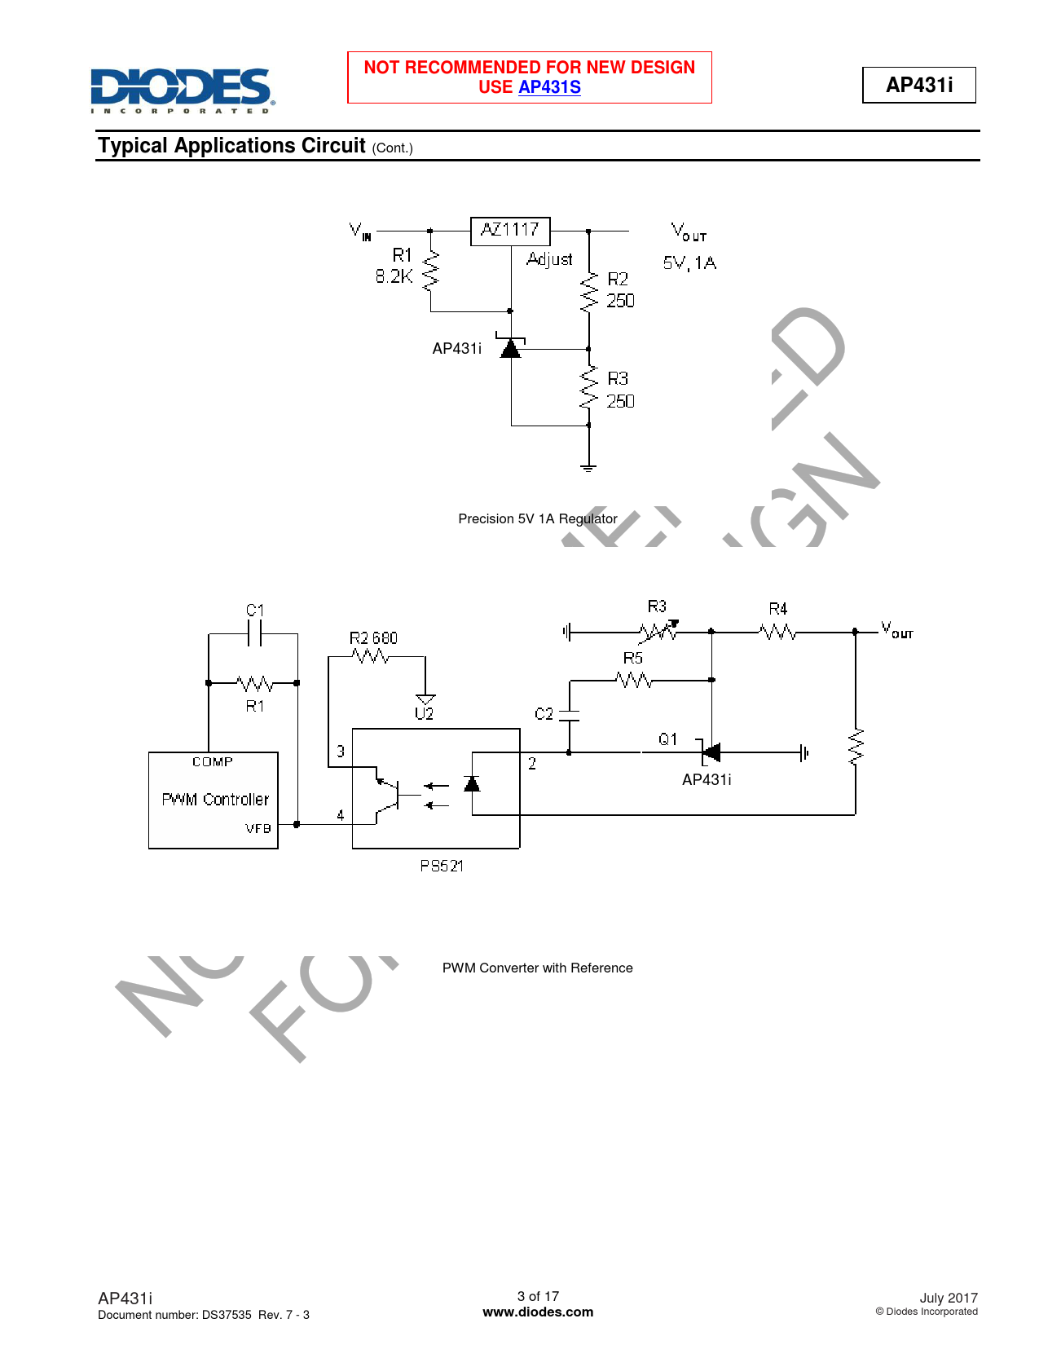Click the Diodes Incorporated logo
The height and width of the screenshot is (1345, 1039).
183,90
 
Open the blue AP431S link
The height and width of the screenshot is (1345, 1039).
549,87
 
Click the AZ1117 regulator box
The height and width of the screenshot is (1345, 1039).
510,231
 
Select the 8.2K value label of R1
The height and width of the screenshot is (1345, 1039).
394,276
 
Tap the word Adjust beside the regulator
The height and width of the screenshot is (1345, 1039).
549,259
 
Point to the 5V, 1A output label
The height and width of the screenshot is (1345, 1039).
689,263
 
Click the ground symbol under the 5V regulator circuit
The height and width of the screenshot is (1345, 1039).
588,468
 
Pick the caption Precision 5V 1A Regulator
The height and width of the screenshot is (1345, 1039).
537,518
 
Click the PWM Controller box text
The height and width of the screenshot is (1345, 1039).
215,799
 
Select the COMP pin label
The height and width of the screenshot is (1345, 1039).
212,762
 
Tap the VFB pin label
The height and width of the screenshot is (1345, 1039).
258,828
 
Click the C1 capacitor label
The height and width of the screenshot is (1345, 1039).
255,611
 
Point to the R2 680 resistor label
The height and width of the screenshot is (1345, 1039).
373,638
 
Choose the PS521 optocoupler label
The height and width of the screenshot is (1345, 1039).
441,866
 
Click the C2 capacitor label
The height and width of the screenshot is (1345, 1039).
544,714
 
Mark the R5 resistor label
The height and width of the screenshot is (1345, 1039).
632,658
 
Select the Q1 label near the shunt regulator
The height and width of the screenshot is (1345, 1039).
667,739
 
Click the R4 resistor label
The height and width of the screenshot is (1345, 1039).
778,609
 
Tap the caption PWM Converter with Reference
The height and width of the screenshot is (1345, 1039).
537,968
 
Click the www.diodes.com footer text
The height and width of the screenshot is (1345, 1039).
538,1312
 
